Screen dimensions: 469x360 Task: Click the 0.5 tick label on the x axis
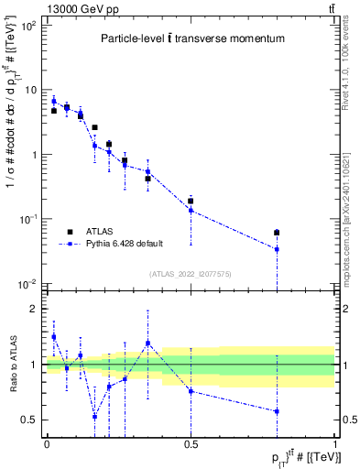[x=191, y=444]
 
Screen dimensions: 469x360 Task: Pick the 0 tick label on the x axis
[x=47, y=444]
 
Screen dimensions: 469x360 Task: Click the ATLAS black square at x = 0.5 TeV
[x=191, y=201]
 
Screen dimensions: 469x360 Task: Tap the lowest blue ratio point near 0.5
[x=94, y=416]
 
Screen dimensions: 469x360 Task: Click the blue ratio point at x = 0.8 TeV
[x=277, y=411]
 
